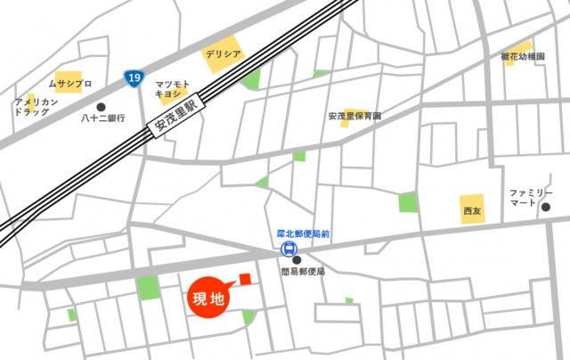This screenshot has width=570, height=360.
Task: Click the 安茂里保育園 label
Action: [x=354, y=116]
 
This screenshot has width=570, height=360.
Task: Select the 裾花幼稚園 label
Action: [x=522, y=57]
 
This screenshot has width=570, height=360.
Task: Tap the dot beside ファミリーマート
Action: [x=546, y=207]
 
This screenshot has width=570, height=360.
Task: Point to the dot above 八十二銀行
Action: [x=101, y=106]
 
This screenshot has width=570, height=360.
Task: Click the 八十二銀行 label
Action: [x=100, y=118]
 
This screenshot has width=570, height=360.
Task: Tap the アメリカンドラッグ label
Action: [x=37, y=108]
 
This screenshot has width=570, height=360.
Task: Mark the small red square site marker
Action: [x=245, y=279]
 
